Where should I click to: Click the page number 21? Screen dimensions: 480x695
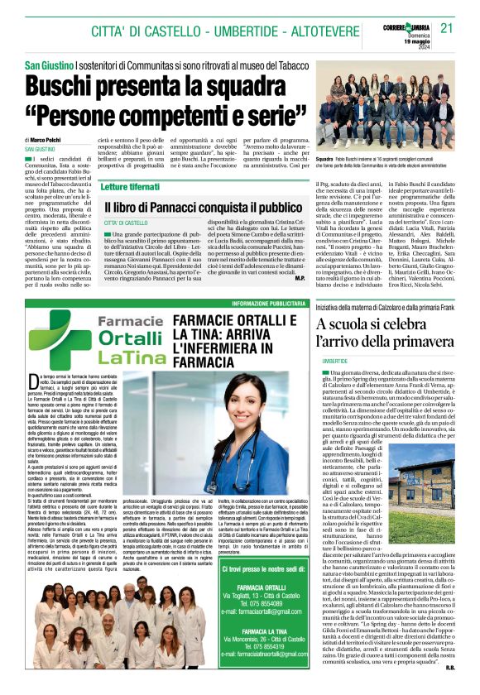tap(448, 27)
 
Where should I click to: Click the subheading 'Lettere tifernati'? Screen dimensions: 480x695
tap(131, 188)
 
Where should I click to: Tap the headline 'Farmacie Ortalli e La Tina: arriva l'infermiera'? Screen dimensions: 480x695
tap(244, 339)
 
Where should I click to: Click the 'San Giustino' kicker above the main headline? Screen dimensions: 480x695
tap(48, 65)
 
